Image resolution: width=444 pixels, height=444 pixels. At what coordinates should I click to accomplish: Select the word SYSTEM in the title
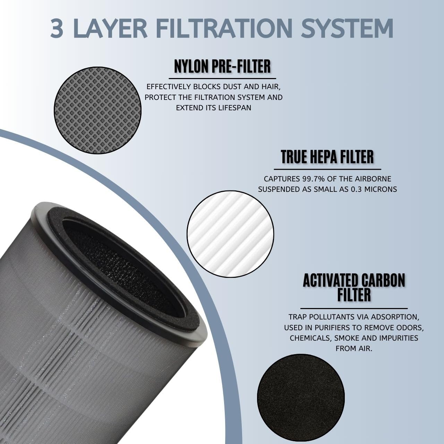click(347, 28)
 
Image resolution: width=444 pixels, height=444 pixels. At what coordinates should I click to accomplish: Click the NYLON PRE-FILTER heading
click(222, 67)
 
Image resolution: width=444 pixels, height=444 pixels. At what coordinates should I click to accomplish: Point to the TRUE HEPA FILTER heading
click(327, 157)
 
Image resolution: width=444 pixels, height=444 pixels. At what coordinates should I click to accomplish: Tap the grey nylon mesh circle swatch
click(98, 110)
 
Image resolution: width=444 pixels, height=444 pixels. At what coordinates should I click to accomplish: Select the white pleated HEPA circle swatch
click(230, 233)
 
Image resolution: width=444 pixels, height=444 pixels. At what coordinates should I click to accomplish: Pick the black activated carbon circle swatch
click(301, 398)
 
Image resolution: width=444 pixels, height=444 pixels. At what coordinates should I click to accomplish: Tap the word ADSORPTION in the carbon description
click(396, 317)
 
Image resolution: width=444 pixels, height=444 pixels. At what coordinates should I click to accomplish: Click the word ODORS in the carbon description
click(411, 327)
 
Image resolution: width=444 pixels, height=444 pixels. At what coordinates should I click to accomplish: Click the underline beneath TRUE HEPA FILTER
click(327, 169)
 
